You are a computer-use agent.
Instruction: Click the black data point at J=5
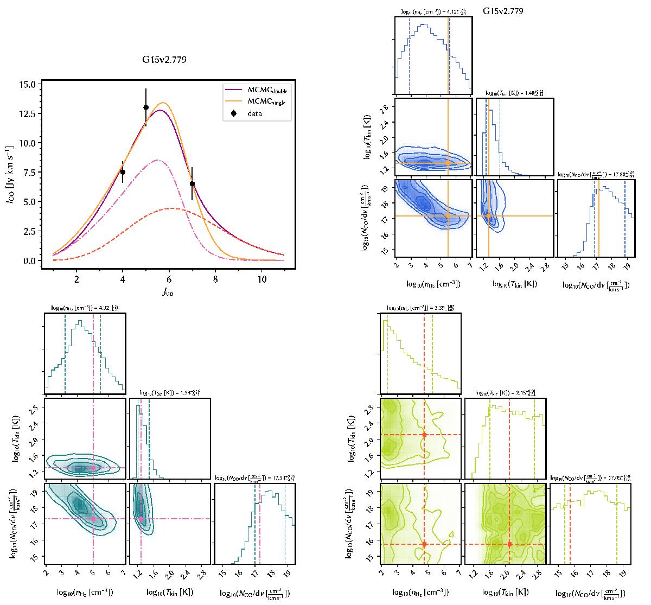(146, 107)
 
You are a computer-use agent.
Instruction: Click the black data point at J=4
(123, 172)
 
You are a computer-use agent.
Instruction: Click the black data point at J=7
(192, 183)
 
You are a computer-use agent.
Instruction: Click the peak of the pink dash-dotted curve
(157, 160)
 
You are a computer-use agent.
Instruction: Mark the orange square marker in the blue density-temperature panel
(448, 163)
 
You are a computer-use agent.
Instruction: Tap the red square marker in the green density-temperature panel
(424, 435)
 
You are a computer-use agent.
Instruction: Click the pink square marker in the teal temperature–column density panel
(141, 519)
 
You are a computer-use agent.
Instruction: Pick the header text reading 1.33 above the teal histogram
(169, 392)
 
